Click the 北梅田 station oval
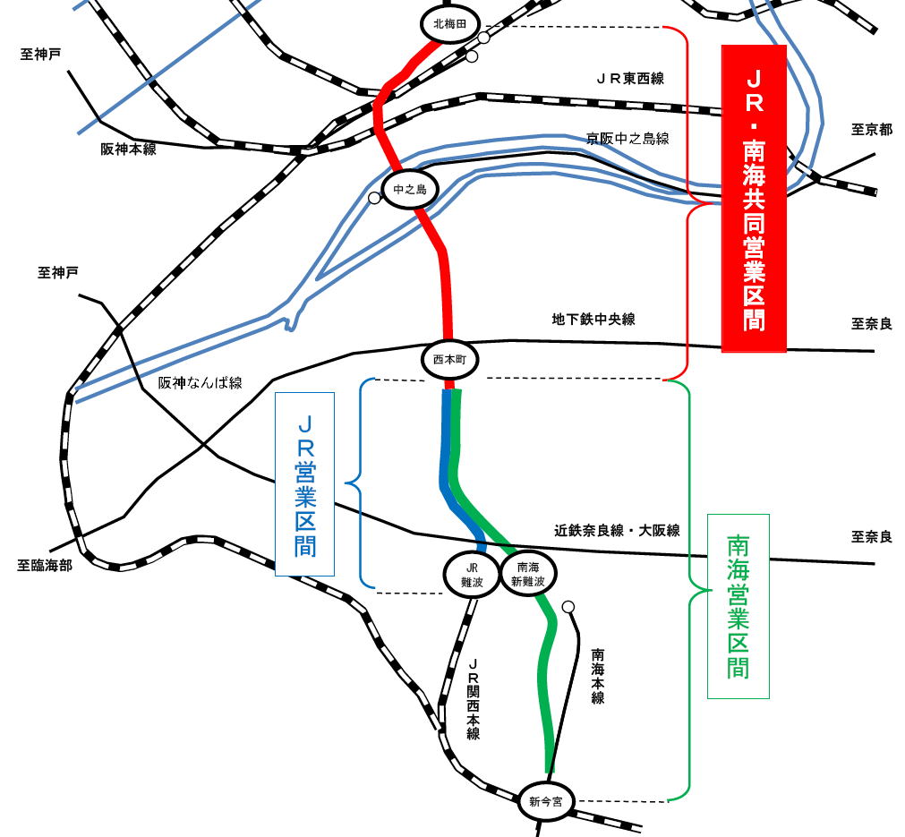450,23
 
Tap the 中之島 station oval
410,190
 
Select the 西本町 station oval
449,360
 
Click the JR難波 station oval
472,575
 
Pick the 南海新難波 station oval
528,575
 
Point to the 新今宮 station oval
545,802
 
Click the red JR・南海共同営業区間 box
754,198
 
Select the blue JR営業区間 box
304,484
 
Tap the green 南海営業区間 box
739,606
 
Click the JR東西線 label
630,79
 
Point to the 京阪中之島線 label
628,139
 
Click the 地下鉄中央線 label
593,320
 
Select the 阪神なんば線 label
201,383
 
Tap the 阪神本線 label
129,149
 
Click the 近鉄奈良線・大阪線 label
617,531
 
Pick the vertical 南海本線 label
598,677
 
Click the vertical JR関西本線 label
474,698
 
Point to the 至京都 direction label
872,129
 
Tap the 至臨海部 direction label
45,565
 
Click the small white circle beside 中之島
374,198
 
